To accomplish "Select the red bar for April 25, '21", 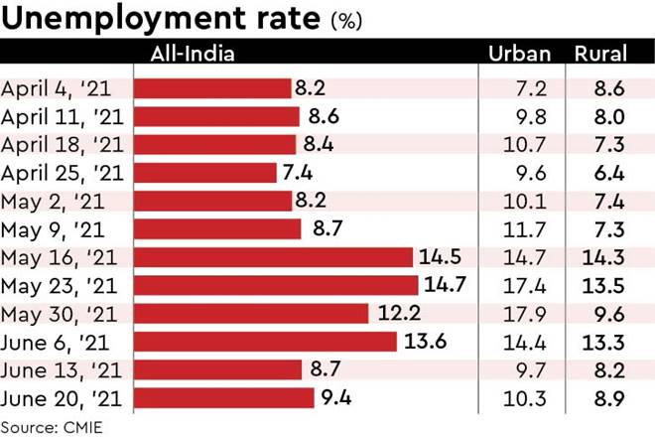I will [204, 173].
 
